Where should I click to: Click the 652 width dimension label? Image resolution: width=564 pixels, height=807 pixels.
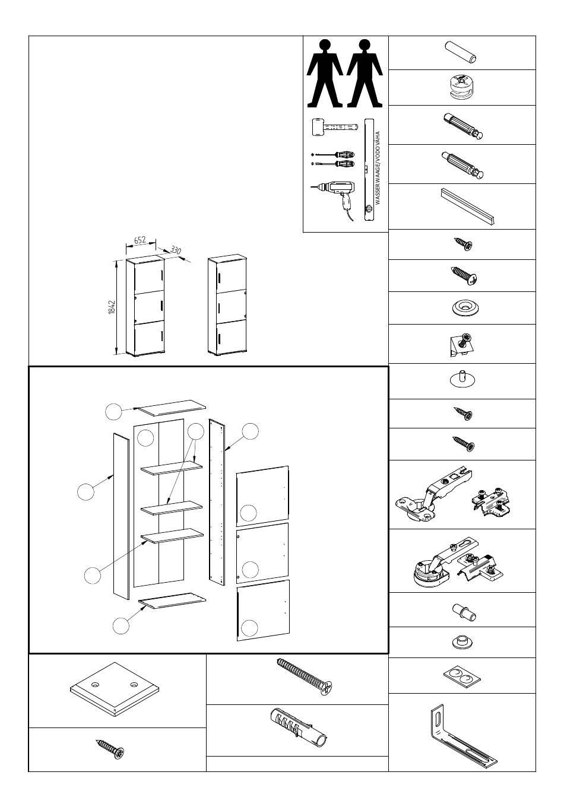pos(140,240)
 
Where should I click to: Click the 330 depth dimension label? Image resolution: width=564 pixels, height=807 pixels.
pos(176,250)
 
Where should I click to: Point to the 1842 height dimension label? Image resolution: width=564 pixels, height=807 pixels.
pos(112,307)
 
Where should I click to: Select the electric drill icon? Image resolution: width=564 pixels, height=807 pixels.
pos(334,199)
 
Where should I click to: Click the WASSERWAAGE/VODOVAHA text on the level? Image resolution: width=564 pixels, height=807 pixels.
pos(378,168)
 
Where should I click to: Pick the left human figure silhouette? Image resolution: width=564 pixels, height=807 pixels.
pos(324,74)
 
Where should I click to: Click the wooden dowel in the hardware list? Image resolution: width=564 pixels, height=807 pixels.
pos(461,53)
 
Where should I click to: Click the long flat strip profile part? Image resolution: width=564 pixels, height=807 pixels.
pos(467,206)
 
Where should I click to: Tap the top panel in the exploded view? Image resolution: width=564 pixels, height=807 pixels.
pos(172,408)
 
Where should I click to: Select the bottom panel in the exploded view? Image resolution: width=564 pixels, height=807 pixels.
pos(172,601)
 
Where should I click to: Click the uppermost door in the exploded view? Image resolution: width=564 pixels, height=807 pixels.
pos(262,496)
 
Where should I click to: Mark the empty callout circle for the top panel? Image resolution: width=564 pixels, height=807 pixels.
pos(113,411)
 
